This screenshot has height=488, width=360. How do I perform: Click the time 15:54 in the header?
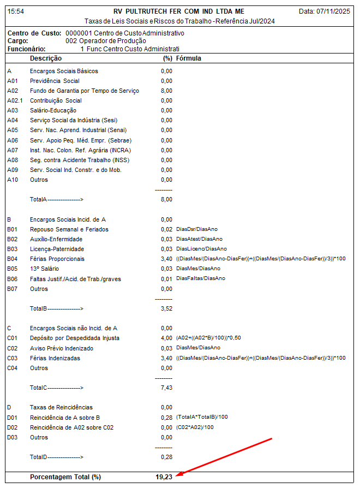tap(16, 11)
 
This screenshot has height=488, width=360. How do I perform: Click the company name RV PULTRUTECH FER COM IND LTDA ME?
tap(179, 11)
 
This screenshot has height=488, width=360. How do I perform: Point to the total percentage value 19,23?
tap(164, 477)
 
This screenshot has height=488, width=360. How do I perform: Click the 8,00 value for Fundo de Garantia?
tap(166, 91)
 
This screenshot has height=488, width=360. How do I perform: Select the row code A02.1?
tap(14, 100)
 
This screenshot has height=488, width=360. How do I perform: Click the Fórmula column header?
tap(189, 58)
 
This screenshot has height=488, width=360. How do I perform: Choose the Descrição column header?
tap(46, 58)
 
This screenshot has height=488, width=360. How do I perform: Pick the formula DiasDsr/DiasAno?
tap(197, 229)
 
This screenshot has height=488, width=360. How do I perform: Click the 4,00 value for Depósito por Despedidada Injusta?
tap(166, 338)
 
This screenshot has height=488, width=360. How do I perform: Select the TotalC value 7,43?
tap(166, 388)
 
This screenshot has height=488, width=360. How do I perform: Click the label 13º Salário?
tap(45, 269)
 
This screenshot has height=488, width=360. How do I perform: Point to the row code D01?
tap(13, 418)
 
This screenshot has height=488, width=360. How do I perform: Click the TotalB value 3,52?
tap(166, 308)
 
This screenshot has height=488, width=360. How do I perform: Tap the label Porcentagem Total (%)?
tap(65, 477)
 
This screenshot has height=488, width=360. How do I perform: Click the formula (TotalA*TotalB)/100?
tap(202, 418)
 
